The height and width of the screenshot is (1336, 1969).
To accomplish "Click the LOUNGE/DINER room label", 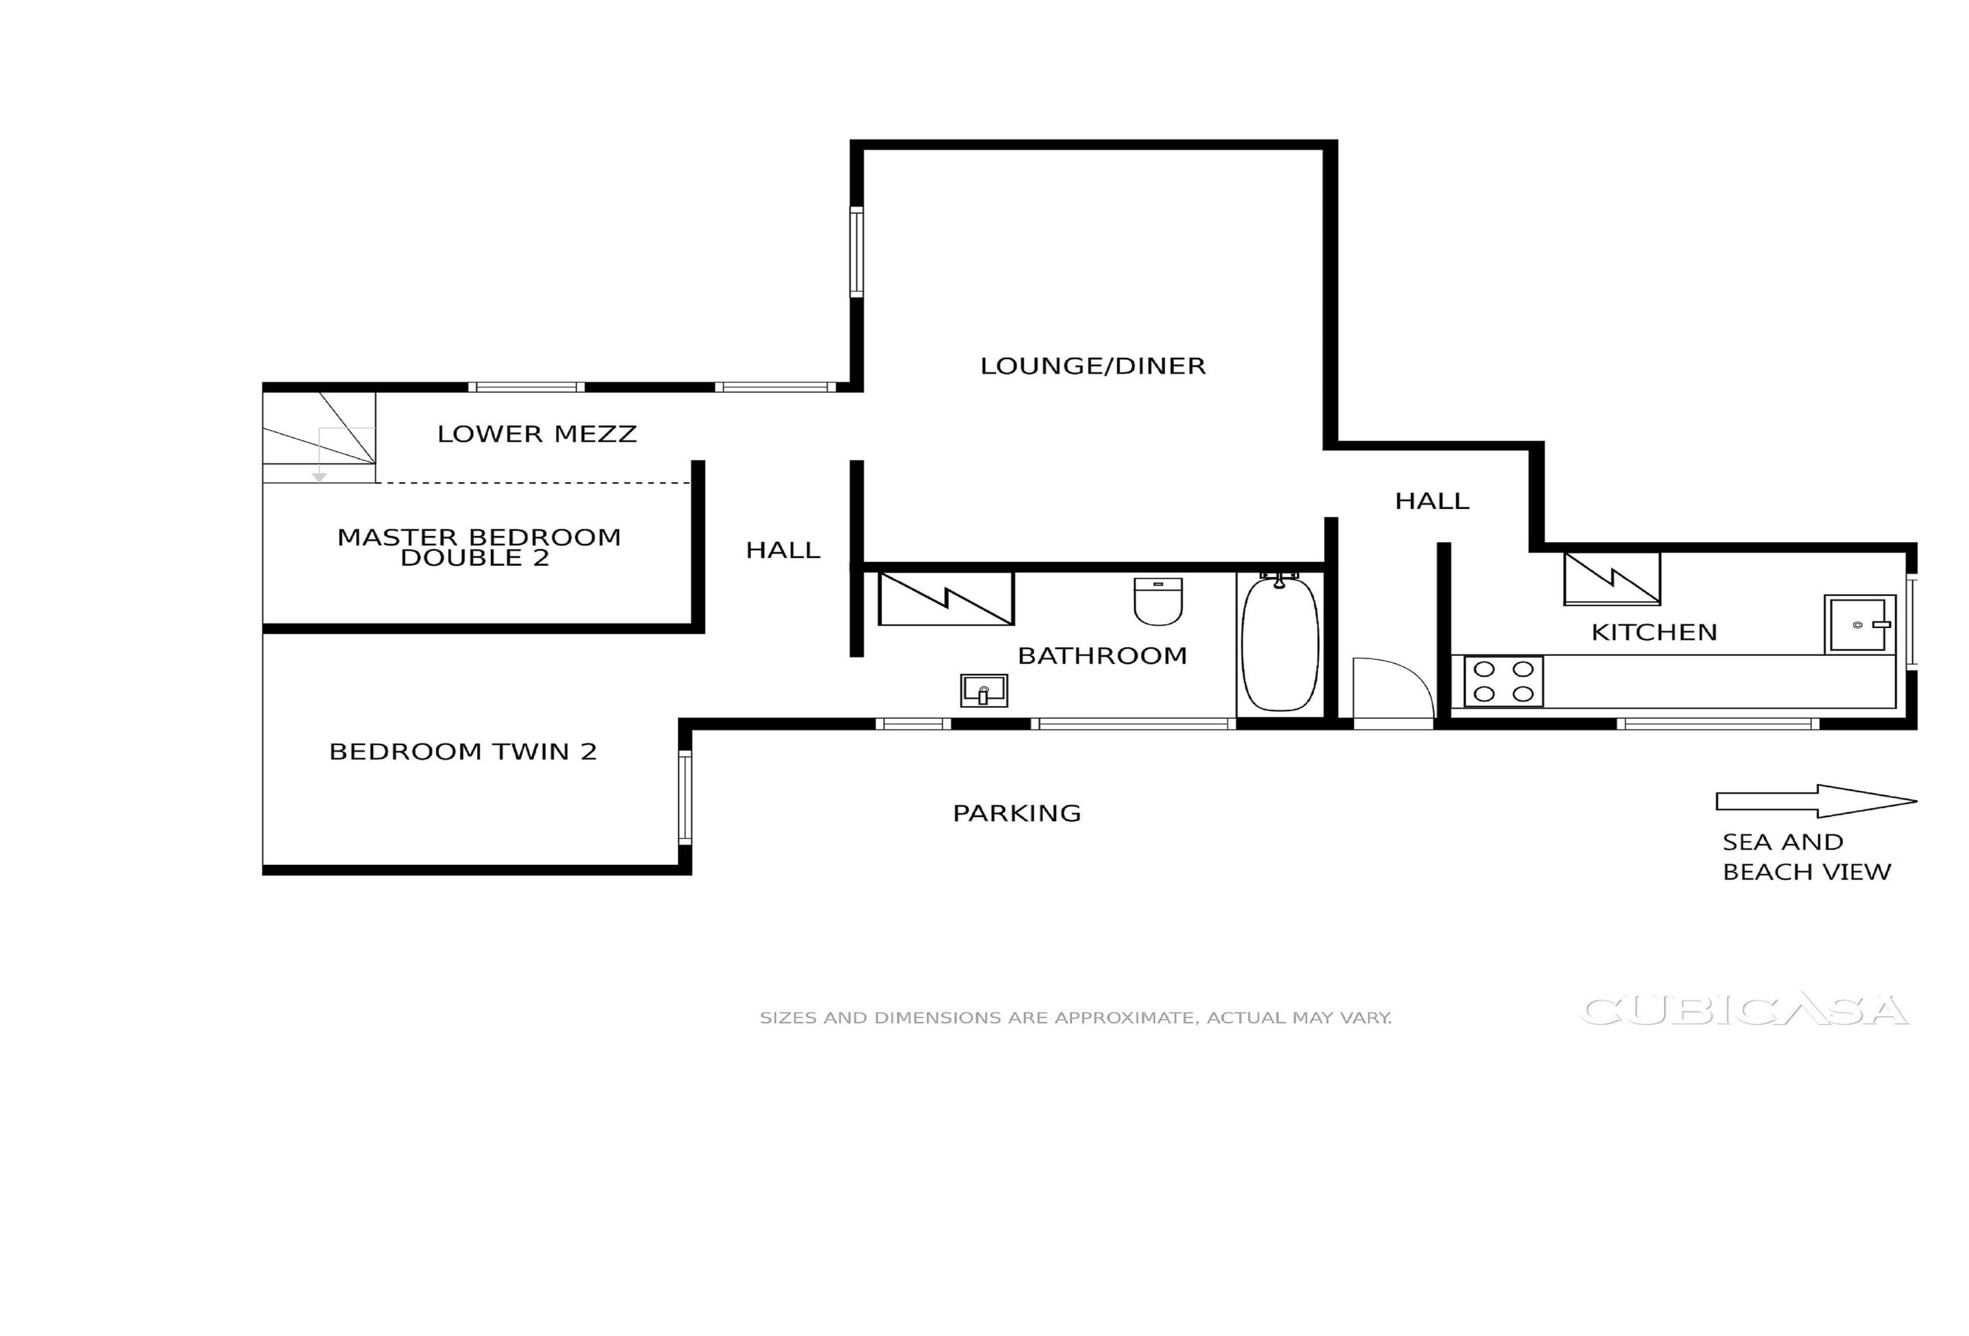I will (1092, 366).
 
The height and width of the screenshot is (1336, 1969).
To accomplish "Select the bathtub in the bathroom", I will (1279, 644).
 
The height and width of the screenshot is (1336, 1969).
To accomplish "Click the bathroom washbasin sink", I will (983, 691).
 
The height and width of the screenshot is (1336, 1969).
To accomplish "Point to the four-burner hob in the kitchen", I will (1503, 681).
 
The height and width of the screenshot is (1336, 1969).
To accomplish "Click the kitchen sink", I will (1858, 624).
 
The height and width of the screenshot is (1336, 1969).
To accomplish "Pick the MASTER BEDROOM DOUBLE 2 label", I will (479, 548).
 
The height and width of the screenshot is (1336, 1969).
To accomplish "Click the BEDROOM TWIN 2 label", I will (463, 752).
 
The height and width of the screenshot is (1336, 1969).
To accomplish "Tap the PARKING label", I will (1017, 813).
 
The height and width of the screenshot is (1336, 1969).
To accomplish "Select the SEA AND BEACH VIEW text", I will (1805, 857).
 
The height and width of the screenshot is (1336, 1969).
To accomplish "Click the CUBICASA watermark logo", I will (1743, 1010).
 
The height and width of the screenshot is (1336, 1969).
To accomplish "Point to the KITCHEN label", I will (1654, 632).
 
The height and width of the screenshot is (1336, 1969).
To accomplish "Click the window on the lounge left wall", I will (856, 252).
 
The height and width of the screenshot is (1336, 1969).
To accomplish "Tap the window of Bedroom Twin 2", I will (685, 797).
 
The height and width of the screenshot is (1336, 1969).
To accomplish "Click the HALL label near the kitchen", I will (1432, 501).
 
